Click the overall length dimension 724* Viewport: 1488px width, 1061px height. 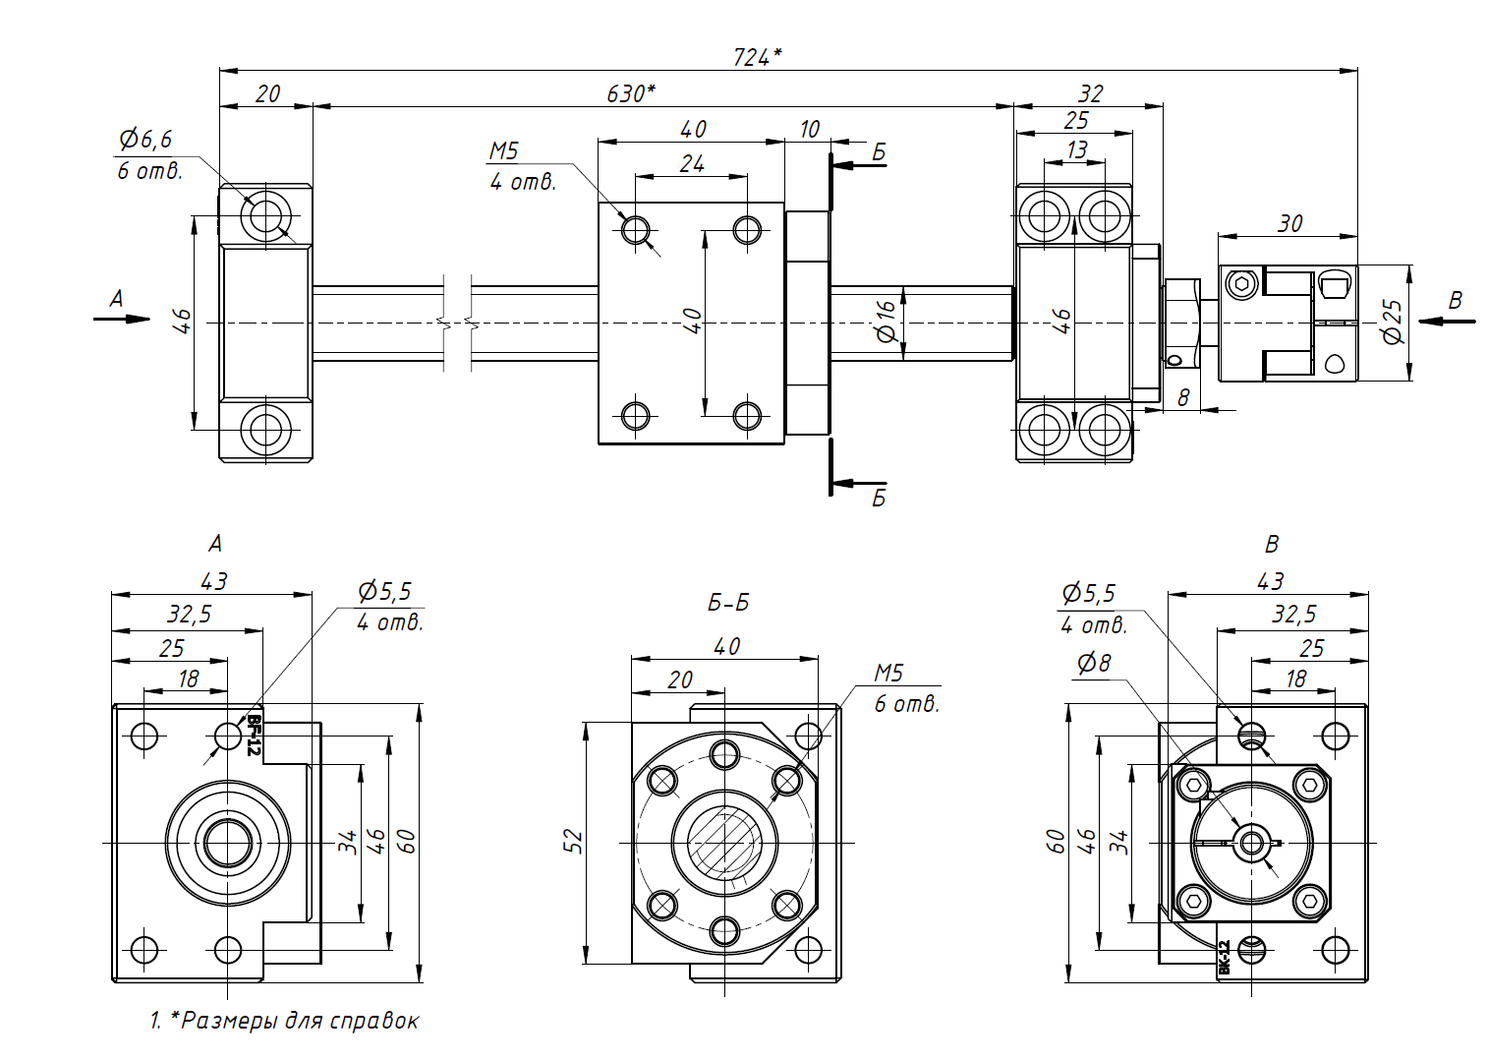tap(757, 57)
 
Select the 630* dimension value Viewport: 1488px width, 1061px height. tap(630, 93)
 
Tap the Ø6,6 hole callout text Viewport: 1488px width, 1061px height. tap(145, 140)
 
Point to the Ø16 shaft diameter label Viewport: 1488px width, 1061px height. tap(887, 321)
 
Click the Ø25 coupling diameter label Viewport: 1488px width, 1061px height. tap(1393, 322)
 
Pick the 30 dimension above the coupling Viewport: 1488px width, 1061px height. tap(1289, 224)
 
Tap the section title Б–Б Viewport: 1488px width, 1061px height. tap(728, 603)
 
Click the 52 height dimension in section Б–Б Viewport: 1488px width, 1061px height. tap(574, 841)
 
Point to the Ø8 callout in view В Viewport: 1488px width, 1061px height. tap(1093, 664)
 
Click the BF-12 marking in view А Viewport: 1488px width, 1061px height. tap(254, 736)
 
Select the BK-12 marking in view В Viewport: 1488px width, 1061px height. tap(1225, 957)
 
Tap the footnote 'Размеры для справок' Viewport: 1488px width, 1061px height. tap(300, 1021)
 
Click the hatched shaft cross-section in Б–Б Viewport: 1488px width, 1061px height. tap(724, 842)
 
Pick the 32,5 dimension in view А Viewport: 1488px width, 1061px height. tap(189, 615)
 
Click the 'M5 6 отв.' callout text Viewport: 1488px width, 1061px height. tap(904, 687)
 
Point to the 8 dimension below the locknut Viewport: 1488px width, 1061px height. tap(1183, 397)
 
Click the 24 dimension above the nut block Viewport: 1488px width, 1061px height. tap(692, 163)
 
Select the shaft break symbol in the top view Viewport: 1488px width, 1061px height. tap(457, 322)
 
